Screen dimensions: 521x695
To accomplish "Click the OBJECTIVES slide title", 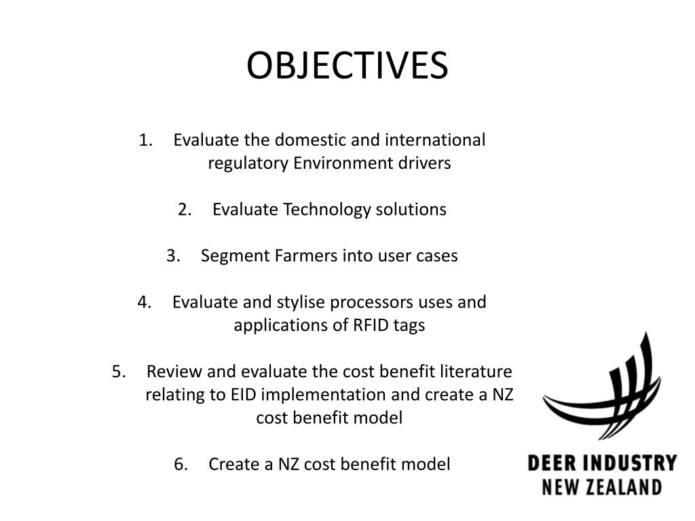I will (x=347, y=66).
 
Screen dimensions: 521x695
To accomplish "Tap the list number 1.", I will (x=145, y=140).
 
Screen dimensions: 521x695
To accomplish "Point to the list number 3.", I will (x=172, y=256).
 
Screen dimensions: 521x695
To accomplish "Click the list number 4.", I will (x=144, y=302).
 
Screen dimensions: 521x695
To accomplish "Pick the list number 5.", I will (x=119, y=372).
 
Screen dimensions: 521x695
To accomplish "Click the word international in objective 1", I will (x=435, y=140).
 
